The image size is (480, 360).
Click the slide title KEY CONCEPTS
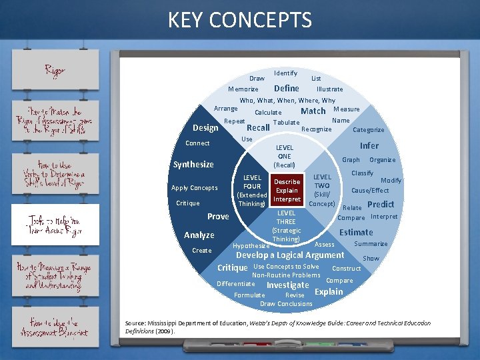point(239,20)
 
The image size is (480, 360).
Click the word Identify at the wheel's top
point(285,73)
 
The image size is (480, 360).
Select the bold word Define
point(287,88)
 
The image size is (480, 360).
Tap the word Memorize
point(243,89)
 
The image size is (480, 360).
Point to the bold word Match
point(313,111)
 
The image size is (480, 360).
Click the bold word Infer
point(369,145)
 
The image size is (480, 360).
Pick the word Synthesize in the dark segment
point(193,165)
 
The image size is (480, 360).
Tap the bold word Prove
point(218,217)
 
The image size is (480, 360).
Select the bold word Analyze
point(199,235)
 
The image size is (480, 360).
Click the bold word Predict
point(381,205)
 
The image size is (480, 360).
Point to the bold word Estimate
point(356,232)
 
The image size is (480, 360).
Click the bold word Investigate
point(287,285)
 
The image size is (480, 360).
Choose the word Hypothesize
point(251,245)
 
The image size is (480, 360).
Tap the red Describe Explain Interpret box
point(287,190)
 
